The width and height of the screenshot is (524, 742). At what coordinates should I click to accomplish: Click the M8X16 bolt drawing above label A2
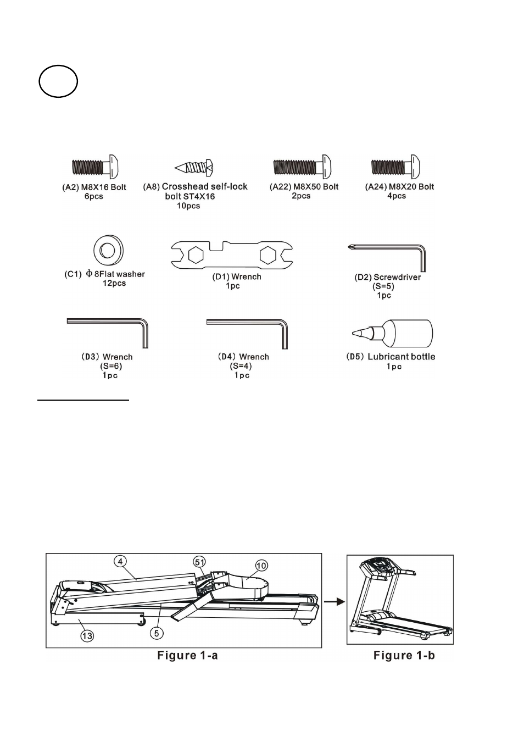pos(96,167)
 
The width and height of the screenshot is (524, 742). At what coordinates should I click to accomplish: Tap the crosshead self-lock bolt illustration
pos(194,168)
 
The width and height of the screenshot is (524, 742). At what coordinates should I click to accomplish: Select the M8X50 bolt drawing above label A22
pos(303,167)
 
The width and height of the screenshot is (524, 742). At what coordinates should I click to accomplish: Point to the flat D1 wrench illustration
pos(232,254)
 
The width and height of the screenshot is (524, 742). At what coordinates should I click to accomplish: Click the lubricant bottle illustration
pos(393,333)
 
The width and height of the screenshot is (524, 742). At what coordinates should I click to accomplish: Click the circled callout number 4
pos(120,561)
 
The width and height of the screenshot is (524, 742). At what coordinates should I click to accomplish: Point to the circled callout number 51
pos(199,562)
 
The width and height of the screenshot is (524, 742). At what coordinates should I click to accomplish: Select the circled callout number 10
pos(261,566)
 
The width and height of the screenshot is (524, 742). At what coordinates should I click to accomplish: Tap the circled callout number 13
pos(87,636)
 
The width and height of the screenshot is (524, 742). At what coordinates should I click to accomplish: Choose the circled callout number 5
pos(157,633)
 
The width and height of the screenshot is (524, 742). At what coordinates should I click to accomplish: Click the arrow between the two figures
pos(335,602)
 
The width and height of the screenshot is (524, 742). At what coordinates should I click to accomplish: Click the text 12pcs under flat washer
pos(114,283)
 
